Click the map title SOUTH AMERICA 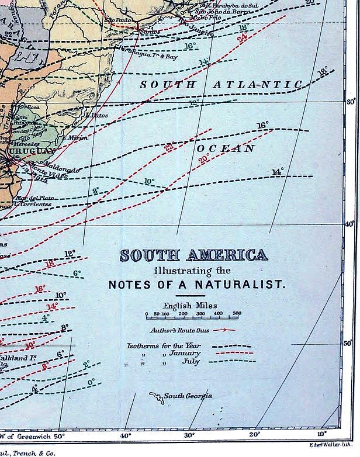coord(193,255)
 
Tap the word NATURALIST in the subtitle coord(252,285)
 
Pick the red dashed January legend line coord(232,353)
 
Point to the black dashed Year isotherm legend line coord(232,346)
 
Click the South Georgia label coord(188,396)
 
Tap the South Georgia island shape coord(157,399)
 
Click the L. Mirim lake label coord(77,138)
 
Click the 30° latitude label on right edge coord(351,102)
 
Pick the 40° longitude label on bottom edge coord(125,435)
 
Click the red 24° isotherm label coord(241,37)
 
